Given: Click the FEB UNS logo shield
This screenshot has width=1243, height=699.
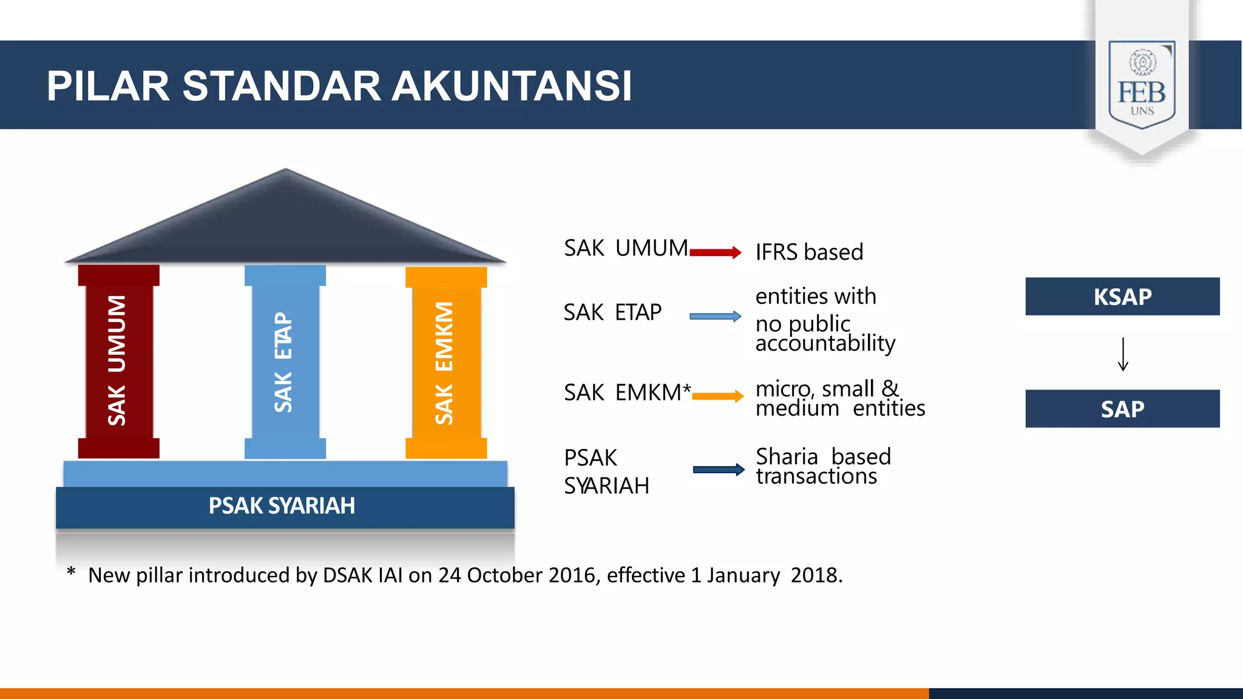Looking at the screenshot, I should pos(1142,85).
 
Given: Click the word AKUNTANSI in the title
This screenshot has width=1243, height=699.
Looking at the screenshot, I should pos(512,86).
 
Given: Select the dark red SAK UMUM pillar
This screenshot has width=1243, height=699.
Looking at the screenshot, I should pos(118,361).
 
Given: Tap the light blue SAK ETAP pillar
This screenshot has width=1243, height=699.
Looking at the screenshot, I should pos(285,361).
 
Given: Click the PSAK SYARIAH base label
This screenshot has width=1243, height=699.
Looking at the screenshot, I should pos(282,506).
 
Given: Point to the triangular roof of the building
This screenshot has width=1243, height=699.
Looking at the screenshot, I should pos(285,225).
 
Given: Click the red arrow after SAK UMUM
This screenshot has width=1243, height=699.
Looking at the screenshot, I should pos(715,252).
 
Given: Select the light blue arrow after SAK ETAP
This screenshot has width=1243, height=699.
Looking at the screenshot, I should pos(715,316).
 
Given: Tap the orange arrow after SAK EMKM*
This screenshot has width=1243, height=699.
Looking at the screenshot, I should pos(717,396).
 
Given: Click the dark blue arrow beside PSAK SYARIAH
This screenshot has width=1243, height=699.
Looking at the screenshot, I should pos(719,469).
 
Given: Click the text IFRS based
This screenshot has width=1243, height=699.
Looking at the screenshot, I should pos(809,252).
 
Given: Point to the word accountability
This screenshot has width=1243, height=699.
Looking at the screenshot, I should pos(825,343).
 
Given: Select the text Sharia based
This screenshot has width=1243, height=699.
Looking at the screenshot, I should pos(823,456).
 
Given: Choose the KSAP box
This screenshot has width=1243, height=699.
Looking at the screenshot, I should pos(1122,297).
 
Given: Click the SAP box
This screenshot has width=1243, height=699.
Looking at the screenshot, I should pos(1122,409).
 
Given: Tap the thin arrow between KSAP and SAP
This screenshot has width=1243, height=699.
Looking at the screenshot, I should pos(1123,354).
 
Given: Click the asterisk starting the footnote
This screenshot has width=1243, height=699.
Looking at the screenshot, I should pos(71,572).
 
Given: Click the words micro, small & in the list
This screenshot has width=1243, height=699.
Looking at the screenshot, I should pos(827,388).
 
